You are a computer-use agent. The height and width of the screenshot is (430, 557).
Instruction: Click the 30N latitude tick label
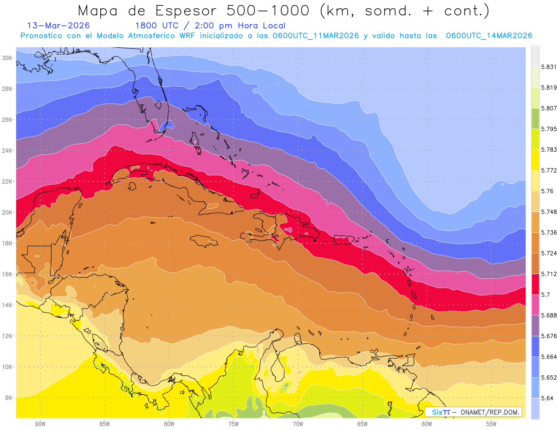pos(7,58)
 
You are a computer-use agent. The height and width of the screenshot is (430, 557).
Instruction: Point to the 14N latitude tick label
pos(7,305)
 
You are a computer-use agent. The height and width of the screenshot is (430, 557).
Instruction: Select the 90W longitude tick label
pos(40,424)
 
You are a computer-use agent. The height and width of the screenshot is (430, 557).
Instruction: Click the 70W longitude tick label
pos(298,424)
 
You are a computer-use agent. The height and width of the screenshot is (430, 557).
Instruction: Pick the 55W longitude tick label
pos(492,424)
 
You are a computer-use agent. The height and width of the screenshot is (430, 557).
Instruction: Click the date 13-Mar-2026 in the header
pos(58,26)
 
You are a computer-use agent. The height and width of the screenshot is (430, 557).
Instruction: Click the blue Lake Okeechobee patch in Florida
pos(167,125)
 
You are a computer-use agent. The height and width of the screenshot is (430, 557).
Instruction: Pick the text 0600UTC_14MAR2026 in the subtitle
pos(489,36)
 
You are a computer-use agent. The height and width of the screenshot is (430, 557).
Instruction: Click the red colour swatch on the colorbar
pos(535,284)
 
